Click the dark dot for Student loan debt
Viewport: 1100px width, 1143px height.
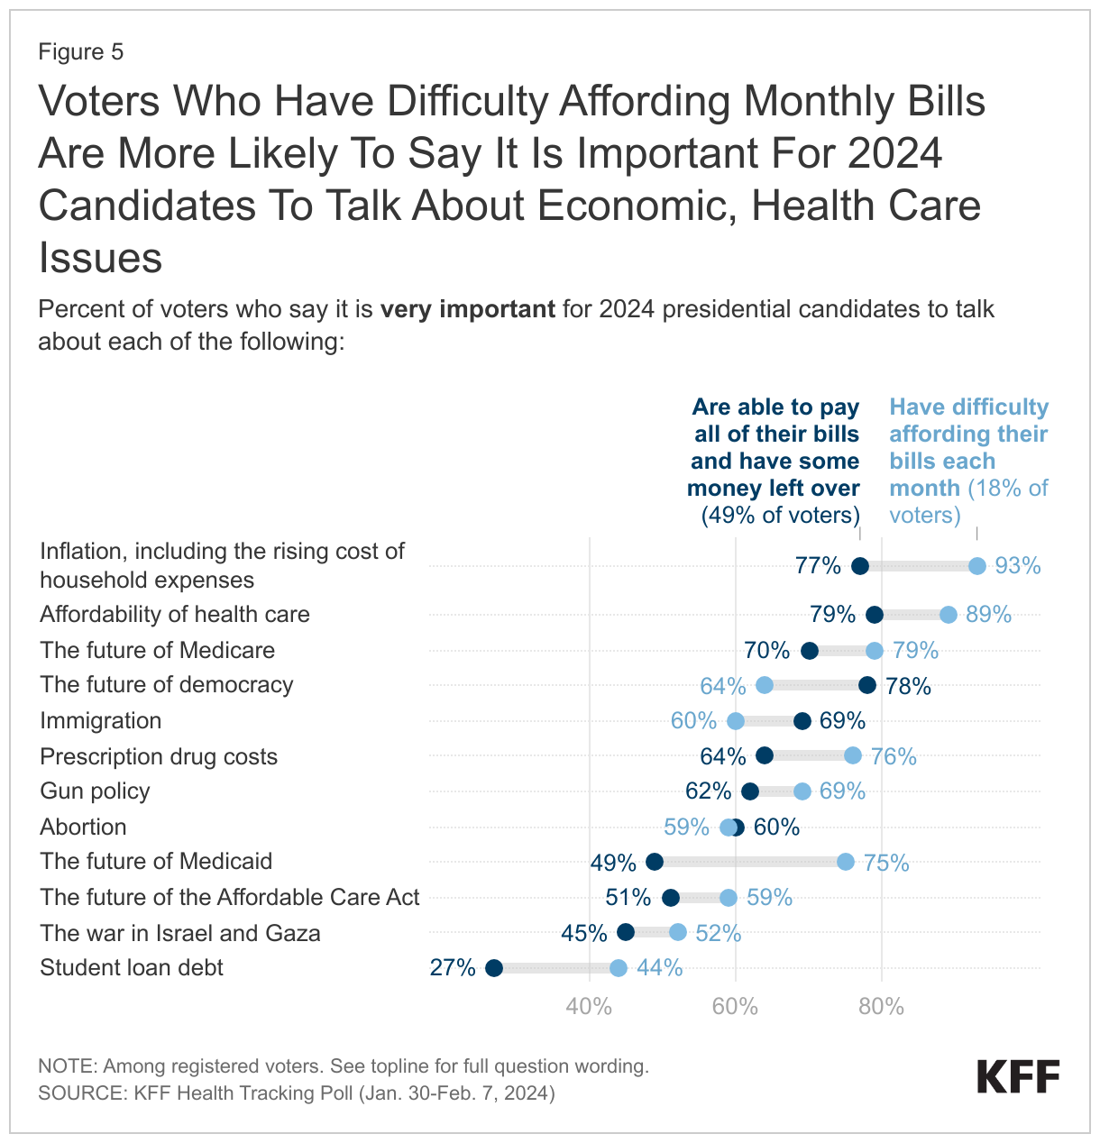pyautogui.click(x=494, y=968)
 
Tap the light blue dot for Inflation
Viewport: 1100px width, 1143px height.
pyautogui.click(x=977, y=566)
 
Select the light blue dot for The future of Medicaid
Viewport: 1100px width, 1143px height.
pyautogui.click(x=846, y=862)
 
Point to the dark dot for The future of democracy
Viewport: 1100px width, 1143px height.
pyautogui.click(x=867, y=686)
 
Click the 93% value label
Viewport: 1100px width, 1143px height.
pyautogui.click(x=1018, y=566)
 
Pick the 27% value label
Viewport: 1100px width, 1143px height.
pyautogui.click(x=453, y=968)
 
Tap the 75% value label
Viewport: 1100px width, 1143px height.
pyautogui.click(x=886, y=863)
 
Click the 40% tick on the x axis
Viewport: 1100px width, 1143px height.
pyautogui.click(x=590, y=1007)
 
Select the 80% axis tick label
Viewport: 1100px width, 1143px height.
pyautogui.click(x=881, y=1007)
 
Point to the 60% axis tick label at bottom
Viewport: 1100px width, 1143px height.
pyautogui.click(x=736, y=1007)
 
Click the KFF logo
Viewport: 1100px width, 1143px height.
pyautogui.click(x=1019, y=1077)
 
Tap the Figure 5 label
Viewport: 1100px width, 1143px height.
pyautogui.click(x=81, y=52)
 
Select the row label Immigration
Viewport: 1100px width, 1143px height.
pyautogui.click(x=101, y=721)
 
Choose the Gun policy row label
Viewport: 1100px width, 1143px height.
pyautogui.click(x=96, y=791)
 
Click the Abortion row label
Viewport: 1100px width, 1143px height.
pyautogui.click(x=84, y=827)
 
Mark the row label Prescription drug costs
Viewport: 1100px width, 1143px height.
pyautogui.click(x=159, y=756)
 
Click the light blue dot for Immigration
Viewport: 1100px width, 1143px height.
pyautogui.click(x=736, y=721)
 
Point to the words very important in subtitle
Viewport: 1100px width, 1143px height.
pyautogui.click(x=467, y=309)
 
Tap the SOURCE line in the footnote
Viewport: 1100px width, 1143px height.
pyautogui.click(x=297, y=1093)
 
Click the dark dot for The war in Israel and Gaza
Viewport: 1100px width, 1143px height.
pyautogui.click(x=626, y=933)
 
